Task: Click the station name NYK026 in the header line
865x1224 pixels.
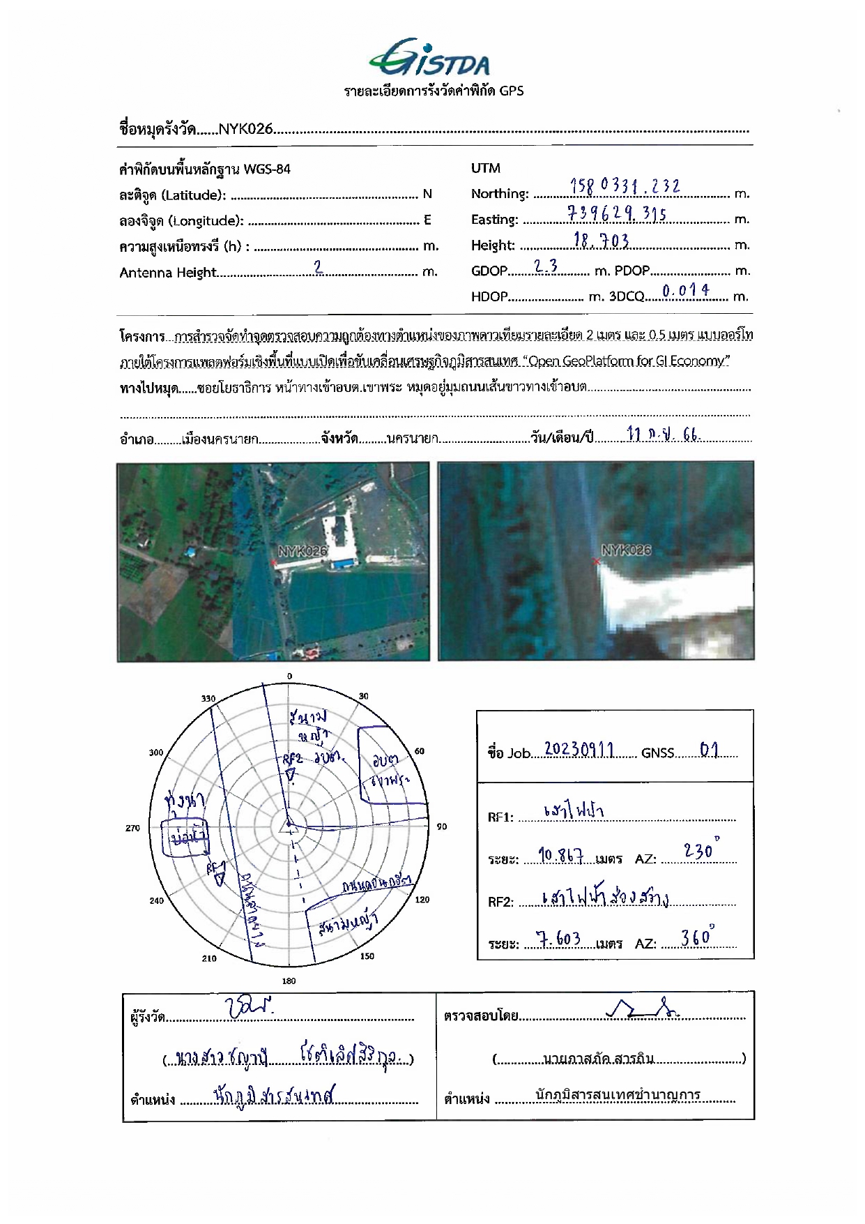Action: coord(245,129)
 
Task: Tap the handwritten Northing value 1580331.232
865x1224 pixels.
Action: coord(625,186)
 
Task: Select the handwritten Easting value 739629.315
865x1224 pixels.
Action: coord(618,213)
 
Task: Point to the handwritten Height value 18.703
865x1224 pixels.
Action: coord(601,241)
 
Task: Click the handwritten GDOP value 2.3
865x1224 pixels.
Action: coord(546,266)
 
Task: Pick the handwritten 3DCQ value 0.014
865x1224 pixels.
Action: coord(686,291)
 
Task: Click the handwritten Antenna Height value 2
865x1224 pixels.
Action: coord(318,266)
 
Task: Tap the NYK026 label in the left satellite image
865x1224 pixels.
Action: coord(303,551)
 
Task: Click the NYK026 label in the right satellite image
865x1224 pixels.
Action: coord(626,550)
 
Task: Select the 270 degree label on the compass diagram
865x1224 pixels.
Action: coord(132,828)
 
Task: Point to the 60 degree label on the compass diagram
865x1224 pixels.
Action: coord(420,751)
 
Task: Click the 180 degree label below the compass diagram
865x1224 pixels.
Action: coord(289,981)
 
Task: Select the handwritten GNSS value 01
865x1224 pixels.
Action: coord(709,750)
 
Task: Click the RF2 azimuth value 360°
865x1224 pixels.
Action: coord(697,937)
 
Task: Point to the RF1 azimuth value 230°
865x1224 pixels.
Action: coord(700,850)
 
